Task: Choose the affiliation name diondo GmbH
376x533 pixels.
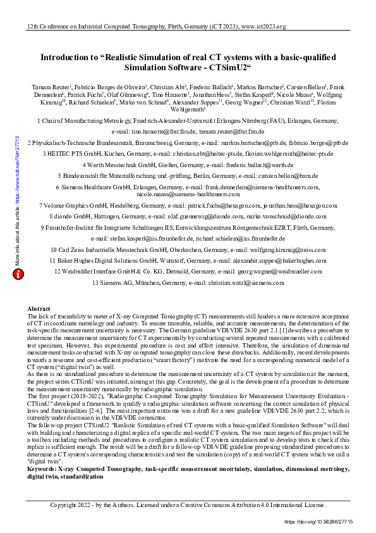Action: click(x=75, y=216)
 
